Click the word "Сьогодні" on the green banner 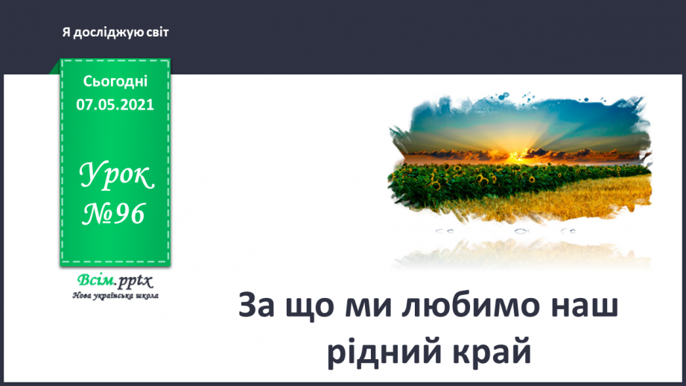click(115, 81)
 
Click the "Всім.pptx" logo click(114, 281)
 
